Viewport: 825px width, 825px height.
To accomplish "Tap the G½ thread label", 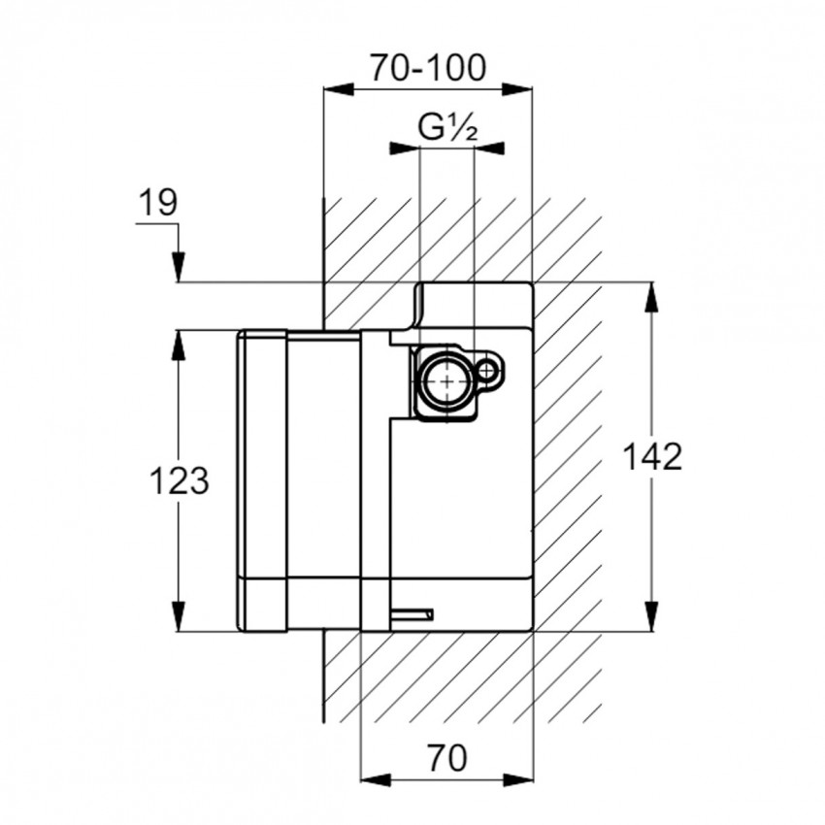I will (x=446, y=126).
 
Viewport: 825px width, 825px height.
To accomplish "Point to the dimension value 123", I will (x=180, y=479).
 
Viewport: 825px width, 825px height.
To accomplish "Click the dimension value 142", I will (x=652, y=455).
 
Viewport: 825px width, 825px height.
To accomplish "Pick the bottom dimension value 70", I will (x=446, y=754).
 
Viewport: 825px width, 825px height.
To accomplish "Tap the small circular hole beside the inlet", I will (x=490, y=370).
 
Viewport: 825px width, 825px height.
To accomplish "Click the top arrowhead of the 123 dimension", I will (x=179, y=346).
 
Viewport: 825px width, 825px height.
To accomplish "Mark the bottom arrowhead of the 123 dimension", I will (x=179, y=616).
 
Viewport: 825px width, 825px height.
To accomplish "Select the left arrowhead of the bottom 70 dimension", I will (x=375, y=778).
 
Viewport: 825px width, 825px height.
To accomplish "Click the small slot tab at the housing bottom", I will (x=413, y=612).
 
